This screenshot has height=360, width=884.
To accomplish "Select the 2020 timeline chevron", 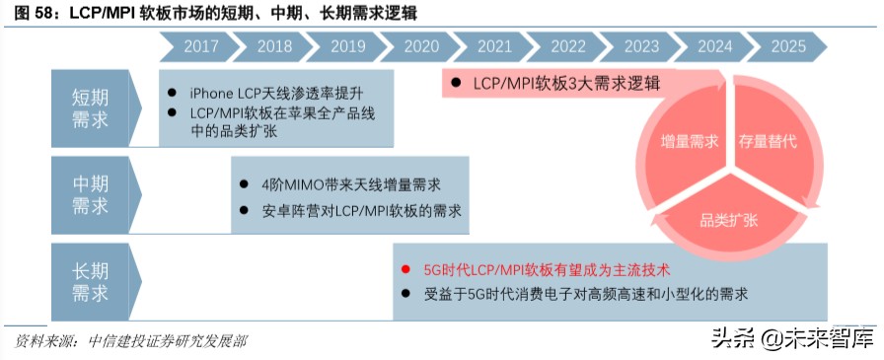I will [x=421, y=46].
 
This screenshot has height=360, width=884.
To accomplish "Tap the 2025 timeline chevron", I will [x=788, y=46].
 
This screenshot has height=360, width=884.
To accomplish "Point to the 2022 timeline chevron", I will [x=568, y=46].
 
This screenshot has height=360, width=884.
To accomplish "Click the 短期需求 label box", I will [x=91, y=108].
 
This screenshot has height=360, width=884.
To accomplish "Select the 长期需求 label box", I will [x=91, y=281].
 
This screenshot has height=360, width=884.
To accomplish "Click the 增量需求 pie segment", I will [x=690, y=141].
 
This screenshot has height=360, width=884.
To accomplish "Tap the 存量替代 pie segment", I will [x=768, y=141].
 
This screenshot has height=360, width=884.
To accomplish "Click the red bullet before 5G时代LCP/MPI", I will [x=405, y=268].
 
